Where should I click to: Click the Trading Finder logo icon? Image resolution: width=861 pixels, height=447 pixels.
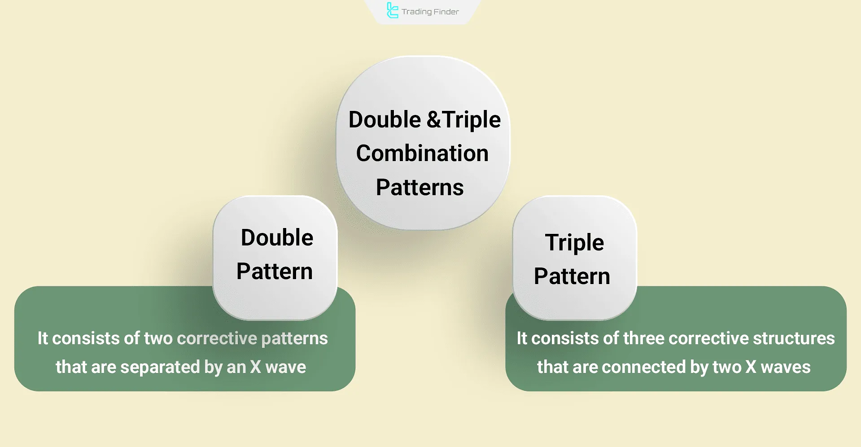(x=392, y=11)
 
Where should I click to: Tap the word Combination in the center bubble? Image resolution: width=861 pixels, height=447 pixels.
(x=422, y=153)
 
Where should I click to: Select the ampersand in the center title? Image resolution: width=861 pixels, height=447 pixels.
(x=433, y=120)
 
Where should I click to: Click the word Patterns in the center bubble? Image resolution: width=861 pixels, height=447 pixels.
(x=420, y=188)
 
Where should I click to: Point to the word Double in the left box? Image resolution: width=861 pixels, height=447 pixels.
(x=277, y=237)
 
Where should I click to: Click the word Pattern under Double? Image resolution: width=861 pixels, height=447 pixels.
(x=275, y=272)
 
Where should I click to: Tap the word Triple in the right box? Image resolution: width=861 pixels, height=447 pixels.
(x=574, y=243)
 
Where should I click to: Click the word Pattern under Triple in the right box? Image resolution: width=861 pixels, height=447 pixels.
(x=572, y=276)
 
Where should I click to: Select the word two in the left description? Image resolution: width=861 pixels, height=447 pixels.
(x=158, y=338)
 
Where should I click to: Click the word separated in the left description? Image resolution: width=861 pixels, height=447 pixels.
(x=160, y=367)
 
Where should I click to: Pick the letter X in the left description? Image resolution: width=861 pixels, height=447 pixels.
(x=256, y=367)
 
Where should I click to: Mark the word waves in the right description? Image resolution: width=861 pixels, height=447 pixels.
(x=786, y=367)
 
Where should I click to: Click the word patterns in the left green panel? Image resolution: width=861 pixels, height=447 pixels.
(x=294, y=338)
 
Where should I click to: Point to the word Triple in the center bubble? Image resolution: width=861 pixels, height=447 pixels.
(x=472, y=120)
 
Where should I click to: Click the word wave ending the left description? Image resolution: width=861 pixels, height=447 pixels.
(x=286, y=367)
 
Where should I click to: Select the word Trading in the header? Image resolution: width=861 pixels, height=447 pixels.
(x=417, y=12)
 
